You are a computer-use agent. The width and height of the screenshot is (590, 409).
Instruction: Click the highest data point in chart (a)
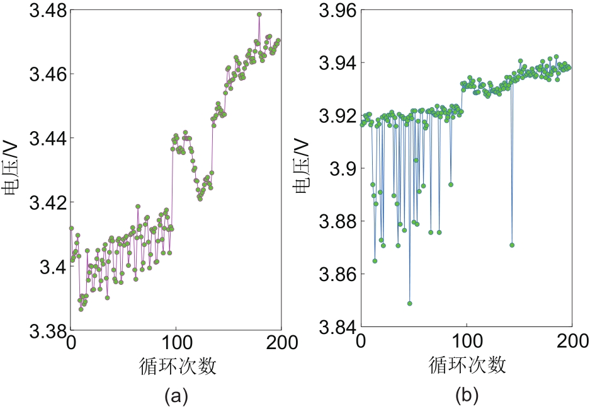pos(259,14)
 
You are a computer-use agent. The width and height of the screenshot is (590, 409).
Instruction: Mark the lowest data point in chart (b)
pos(410,303)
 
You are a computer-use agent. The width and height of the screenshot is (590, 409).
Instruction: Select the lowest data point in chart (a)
pos(81,309)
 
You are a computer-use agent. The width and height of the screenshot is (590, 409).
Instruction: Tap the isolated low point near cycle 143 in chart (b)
pos(512,245)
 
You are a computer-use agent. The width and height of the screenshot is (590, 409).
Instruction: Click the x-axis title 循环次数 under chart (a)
pos(176,367)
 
